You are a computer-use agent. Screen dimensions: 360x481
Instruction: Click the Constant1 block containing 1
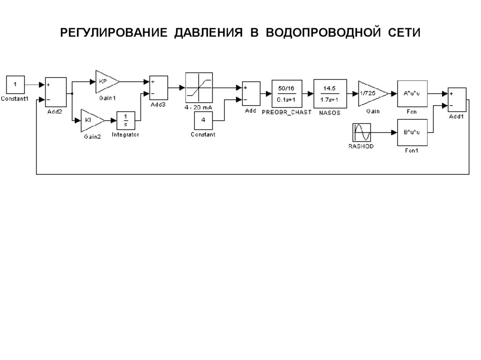click(x=15, y=84)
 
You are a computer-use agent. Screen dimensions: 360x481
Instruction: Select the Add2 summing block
click(x=55, y=92)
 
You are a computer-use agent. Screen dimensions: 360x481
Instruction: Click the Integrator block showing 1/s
click(x=125, y=120)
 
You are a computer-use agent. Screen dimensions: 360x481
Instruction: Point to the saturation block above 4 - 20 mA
click(x=199, y=87)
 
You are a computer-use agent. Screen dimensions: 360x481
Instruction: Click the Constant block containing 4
click(x=203, y=120)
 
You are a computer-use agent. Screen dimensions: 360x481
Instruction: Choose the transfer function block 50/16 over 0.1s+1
click(x=286, y=93)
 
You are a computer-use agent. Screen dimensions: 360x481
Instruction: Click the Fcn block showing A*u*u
click(x=412, y=93)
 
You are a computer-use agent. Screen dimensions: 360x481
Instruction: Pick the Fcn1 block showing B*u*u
click(x=412, y=133)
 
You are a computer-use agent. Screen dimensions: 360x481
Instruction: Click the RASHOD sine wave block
click(x=362, y=133)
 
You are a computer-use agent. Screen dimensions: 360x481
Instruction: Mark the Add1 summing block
click(x=457, y=100)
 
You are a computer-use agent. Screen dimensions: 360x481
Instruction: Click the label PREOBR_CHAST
click(x=286, y=113)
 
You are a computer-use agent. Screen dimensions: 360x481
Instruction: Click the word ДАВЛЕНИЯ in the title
click(x=209, y=33)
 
